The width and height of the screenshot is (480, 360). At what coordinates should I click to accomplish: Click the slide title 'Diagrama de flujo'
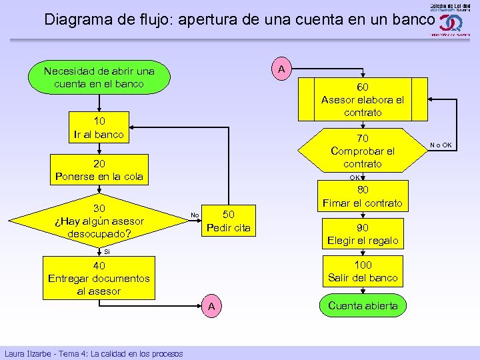tap(239, 19)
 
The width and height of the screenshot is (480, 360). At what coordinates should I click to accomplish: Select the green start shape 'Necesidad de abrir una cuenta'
tap(99, 77)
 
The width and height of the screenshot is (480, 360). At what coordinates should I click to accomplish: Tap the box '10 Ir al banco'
tap(99, 127)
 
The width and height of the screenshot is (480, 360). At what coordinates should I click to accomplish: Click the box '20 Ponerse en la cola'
tap(99, 171)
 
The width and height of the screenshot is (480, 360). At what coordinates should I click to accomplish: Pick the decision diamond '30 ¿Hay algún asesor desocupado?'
tap(99, 221)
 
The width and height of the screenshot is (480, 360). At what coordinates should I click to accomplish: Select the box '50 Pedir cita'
tap(228, 221)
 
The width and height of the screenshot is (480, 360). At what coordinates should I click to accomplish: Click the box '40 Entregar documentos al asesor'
tap(99, 279)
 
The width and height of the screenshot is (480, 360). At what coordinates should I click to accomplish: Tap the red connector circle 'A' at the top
tap(282, 69)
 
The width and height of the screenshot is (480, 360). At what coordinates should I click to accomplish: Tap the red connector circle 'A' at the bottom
tap(211, 306)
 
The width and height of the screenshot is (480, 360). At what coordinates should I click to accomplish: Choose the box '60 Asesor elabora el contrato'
tap(363, 99)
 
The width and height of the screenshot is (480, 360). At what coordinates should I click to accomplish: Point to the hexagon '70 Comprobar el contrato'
tap(363, 151)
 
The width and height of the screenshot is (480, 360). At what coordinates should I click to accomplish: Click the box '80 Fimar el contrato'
tap(363, 197)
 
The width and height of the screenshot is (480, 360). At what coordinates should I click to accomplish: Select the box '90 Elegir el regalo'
tap(363, 234)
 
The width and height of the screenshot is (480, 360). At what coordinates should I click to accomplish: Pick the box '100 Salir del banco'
tap(363, 271)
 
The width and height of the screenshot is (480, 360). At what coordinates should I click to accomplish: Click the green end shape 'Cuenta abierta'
tap(363, 306)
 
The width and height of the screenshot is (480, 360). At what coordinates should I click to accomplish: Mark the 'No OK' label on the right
tap(441, 145)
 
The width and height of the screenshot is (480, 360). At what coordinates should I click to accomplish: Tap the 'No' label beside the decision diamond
tap(194, 215)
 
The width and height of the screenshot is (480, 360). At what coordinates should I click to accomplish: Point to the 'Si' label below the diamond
tap(107, 252)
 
